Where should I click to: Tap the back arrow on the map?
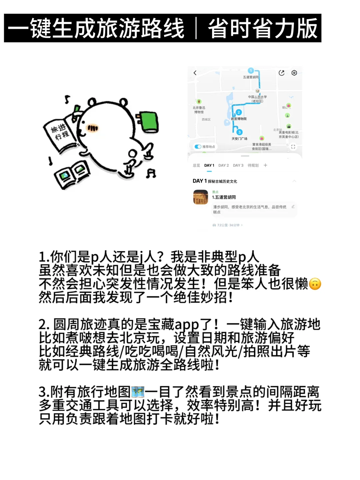(x=195, y=73)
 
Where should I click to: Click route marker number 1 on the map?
(x=251, y=71)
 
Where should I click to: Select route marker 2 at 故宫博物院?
(x=239, y=112)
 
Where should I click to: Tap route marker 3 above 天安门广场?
(x=239, y=132)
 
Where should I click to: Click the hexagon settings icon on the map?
(x=294, y=73)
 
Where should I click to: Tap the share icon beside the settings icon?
(x=282, y=73)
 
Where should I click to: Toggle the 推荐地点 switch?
(x=198, y=146)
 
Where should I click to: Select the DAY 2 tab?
(x=223, y=165)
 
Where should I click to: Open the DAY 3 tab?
(x=238, y=165)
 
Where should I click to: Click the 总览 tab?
(x=196, y=165)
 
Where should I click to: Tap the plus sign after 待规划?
(x=265, y=165)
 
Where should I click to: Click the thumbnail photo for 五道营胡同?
(x=201, y=197)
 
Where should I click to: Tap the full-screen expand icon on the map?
(x=293, y=146)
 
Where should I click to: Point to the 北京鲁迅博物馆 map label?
(x=199, y=110)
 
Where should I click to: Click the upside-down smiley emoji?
(x=315, y=284)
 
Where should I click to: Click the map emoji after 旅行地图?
(x=138, y=392)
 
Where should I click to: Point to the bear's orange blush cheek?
(x=93, y=128)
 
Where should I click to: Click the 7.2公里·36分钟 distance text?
(x=228, y=225)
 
